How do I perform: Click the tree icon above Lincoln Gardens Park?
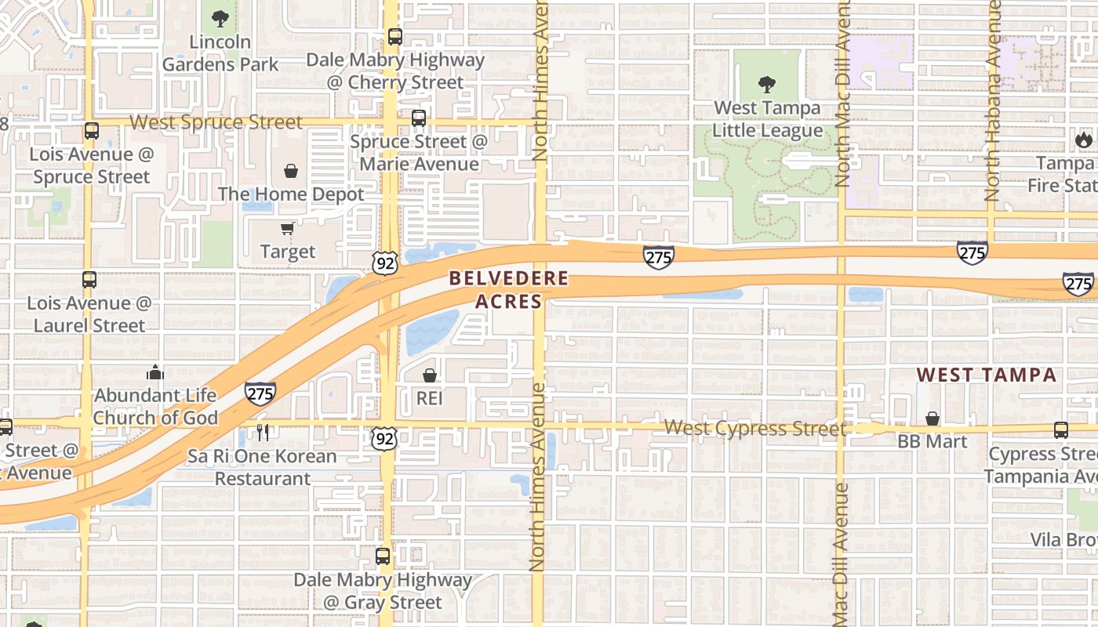point(220,18)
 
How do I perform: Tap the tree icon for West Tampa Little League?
point(767,84)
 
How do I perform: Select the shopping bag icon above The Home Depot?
point(291,170)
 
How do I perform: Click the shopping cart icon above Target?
point(288,228)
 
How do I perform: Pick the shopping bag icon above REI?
point(430,375)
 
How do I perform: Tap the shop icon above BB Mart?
point(933,419)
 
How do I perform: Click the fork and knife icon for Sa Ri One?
point(263,432)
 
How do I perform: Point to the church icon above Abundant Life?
point(155,372)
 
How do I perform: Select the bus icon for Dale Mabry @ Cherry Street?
point(394,36)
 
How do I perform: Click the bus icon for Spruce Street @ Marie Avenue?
point(419,118)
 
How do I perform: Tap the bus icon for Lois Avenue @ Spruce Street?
point(92,131)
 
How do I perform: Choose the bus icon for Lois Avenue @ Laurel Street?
point(89,280)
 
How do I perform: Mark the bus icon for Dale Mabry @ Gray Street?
point(383,557)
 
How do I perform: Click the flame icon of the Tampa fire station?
point(1083,140)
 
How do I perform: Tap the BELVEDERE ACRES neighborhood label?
point(508,289)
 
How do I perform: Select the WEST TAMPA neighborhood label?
point(987,375)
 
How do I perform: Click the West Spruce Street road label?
point(216,122)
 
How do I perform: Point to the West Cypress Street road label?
point(755,428)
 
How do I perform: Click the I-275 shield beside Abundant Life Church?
point(260,392)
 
